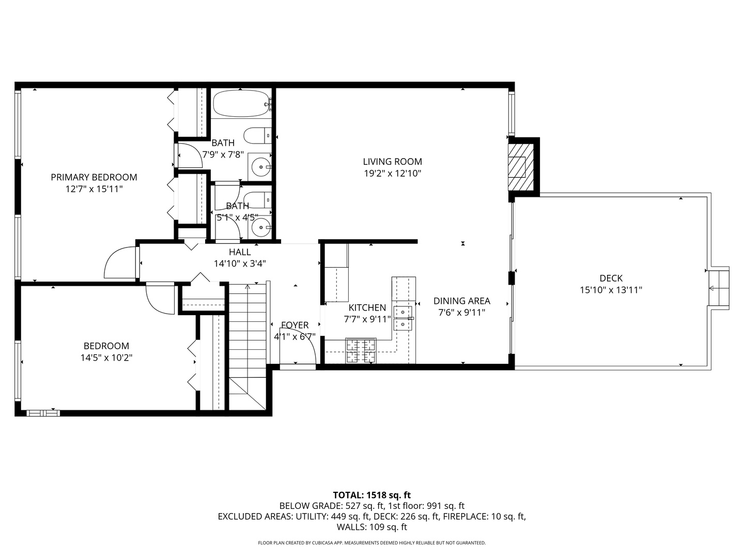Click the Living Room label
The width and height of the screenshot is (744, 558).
pos(392,162)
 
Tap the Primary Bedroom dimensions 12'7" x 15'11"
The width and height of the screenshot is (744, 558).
pos(94,189)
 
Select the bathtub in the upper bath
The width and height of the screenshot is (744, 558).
pos(241,104)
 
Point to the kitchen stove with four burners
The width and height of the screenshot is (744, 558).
pos(361,351)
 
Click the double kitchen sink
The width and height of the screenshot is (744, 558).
pos(403,318)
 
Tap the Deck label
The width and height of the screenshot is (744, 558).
pos(611,278)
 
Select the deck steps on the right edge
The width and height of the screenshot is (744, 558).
pos(719,288)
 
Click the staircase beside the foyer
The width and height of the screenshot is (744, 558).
pos(247,331)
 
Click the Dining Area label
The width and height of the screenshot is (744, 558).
pos(461,301)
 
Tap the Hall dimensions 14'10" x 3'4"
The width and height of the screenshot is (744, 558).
pos(240,263)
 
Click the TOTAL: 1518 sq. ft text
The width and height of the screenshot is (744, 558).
pos(371,495)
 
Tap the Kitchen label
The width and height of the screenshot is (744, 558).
pos(367,307)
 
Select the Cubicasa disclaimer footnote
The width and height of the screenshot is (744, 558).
pos(371,543)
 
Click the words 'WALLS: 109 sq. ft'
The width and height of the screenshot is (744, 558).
pos(371,527)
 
